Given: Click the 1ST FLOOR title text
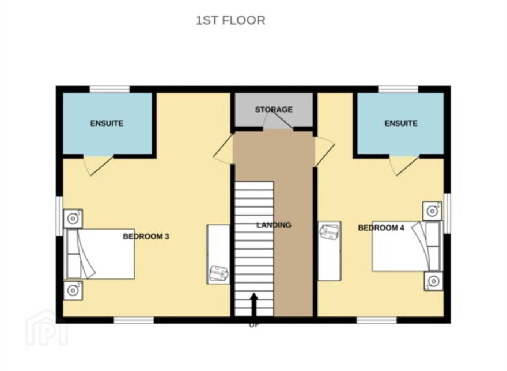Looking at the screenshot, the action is [230, 20].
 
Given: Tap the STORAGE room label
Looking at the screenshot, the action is [274, 109].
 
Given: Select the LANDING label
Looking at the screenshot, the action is [274, 225].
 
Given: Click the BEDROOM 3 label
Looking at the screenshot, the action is [146, 236].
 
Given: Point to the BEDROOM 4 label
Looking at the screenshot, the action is [381, 228].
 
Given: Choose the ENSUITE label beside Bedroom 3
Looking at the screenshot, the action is [107, 123].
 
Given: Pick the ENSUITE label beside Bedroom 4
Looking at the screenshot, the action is [400, 123].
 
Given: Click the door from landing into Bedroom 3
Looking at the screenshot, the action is [223, 149].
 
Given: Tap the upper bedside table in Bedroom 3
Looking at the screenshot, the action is [73, 219].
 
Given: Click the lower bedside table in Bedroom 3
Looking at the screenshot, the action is [73, 290].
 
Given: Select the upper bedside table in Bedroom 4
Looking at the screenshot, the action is [433, 211].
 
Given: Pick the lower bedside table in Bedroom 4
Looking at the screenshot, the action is [433, 281].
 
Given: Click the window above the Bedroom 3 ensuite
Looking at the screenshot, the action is [109, 89].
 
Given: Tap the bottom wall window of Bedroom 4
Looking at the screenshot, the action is [377, 320].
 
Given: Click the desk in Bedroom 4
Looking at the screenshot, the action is [330, 251].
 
